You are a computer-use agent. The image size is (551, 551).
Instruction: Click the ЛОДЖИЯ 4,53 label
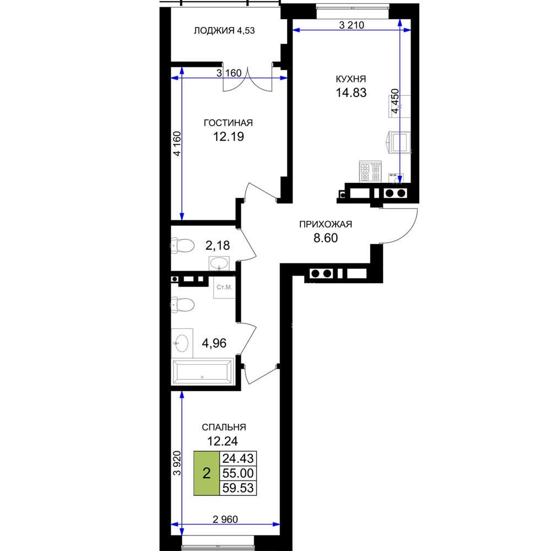tap(224, 30)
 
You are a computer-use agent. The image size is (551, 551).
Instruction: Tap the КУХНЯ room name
tap(350, 79)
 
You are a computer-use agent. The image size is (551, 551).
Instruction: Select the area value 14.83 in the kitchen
tap(351, 93)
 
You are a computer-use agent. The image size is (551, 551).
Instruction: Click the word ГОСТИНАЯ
tap(229, 123)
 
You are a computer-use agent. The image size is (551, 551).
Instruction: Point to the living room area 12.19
tap(229, 136)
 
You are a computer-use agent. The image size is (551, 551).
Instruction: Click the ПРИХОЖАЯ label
tap(326, 224)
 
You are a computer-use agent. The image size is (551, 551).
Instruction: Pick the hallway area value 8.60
tap(326, 238)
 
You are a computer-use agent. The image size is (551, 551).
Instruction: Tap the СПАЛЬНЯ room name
tap(224, 428)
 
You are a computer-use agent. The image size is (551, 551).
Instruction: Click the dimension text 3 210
tap(352, 25)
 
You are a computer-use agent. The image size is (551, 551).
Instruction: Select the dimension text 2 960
tap(225, 519)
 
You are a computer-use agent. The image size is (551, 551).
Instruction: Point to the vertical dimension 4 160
tap(177, 143)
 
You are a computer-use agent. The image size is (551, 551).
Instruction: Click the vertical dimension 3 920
tap(177, 463)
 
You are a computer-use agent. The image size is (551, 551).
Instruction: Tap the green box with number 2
tap(207, 473)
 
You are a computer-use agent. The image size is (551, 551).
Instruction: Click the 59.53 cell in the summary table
tap(238, 488)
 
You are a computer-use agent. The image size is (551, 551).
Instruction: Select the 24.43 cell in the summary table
tap(238, 458)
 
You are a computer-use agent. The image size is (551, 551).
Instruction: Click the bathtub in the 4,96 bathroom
tap(202, 372)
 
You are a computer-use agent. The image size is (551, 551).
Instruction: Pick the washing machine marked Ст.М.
tap(224, 288)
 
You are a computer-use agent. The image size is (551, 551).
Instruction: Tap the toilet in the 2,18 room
tap(183, 246)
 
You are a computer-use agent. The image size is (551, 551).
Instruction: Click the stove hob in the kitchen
tap(370, 171)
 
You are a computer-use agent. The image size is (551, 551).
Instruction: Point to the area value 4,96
tap(214, 343)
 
